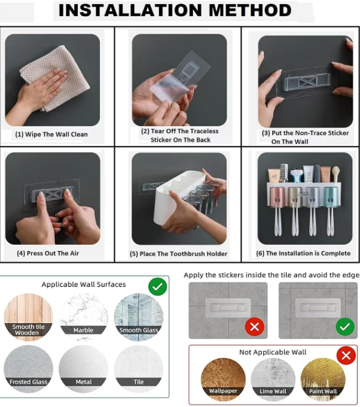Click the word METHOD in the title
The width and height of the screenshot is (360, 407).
(250, 10)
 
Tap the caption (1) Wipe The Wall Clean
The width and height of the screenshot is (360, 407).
(51, 134)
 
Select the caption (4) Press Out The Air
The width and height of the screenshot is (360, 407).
(48, 253)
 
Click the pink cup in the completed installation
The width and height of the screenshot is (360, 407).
(277, 197)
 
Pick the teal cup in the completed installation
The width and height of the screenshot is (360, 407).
(331, 197)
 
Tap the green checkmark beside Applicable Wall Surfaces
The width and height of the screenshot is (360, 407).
(158, 286)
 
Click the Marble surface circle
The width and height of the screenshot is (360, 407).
(84, 317)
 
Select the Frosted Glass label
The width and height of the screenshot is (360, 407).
(28, 382)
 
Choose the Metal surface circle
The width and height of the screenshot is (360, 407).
(84, 369)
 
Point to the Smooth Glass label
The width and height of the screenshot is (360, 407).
(139, 330)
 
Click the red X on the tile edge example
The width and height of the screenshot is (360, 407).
(254, 327)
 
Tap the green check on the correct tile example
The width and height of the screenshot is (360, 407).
(345, 327)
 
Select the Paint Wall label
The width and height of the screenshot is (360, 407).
(323, 391)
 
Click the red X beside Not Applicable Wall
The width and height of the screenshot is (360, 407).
(346, 356)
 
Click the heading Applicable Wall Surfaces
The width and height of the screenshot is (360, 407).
(84, 284)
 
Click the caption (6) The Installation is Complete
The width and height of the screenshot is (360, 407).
(303, 253)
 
